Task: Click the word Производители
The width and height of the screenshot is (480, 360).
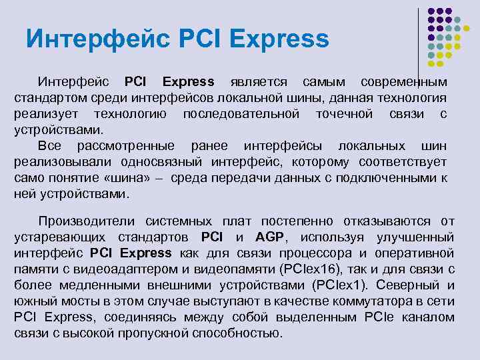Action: point(87,221)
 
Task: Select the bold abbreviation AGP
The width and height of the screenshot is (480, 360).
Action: point(269,237)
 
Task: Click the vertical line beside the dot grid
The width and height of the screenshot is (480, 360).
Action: point(418,40)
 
